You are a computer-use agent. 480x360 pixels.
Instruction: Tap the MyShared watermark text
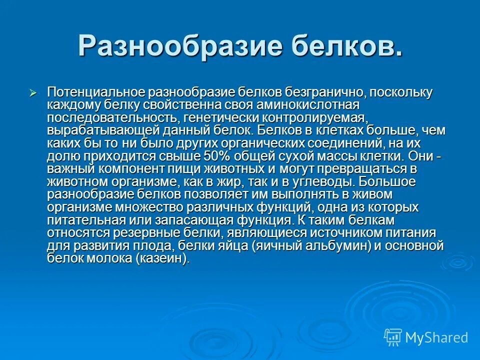pyautogui.click(x=436, y=337)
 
